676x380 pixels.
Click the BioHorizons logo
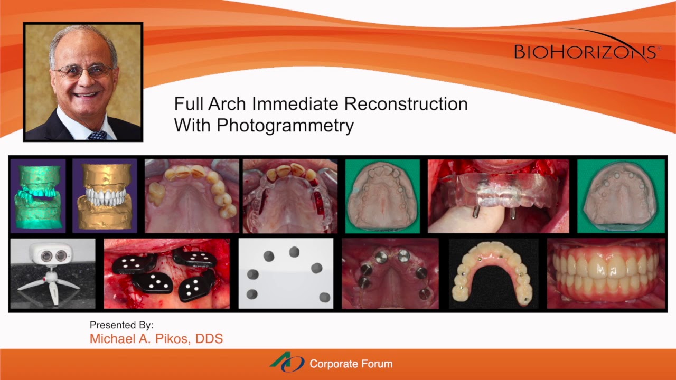click(586, 51)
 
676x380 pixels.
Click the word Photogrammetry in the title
click(285, 126)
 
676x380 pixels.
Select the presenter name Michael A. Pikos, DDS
click(156, 339)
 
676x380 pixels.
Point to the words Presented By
click(121, 325)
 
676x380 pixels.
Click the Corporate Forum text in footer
click(351, 364)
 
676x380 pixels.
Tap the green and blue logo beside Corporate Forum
click(287, 363)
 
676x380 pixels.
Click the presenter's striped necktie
click(97, 135)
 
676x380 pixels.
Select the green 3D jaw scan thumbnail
click(37, 196)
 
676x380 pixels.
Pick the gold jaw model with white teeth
click(105, 196)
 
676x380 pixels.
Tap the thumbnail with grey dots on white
click(286, 273)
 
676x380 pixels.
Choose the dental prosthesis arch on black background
click(493, 273)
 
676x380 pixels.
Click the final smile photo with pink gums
click(606, 273)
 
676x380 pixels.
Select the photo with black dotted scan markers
click(167, 273)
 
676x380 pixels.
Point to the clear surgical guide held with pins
click(498, 196)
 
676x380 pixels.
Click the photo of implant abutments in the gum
click(390, 273)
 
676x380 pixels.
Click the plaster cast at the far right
click(621, 196)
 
